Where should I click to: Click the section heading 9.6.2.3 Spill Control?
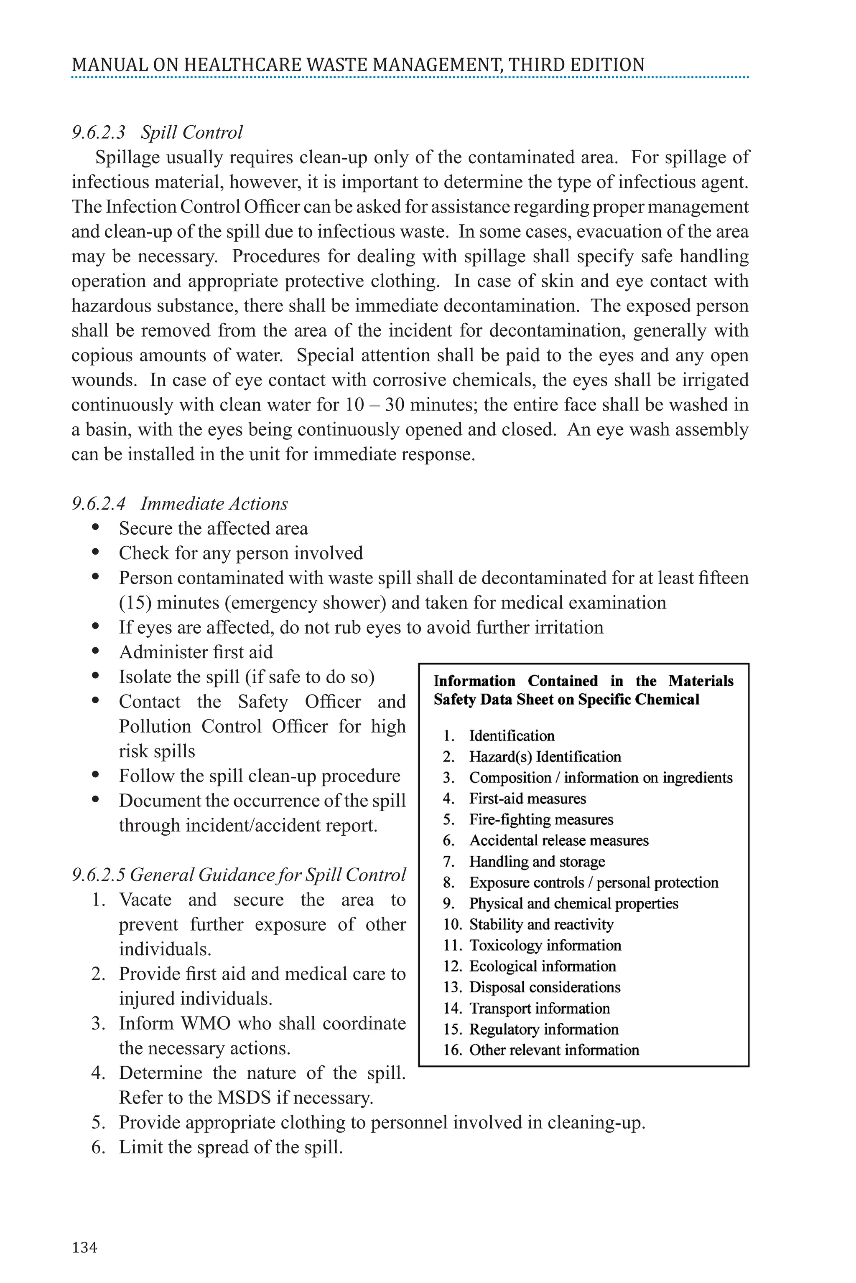[x=157, y=132]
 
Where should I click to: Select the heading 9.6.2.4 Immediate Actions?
[x=180, y=504]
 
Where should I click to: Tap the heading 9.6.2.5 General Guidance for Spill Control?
[x=239, y=875]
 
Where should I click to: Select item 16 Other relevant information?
[x=553, y=1050]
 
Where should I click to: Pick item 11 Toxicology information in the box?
[x=545, y=946]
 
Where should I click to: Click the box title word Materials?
[x=701, y=681]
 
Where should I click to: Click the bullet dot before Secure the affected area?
[x=96, y=527]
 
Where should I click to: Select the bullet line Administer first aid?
[x=196, y=652]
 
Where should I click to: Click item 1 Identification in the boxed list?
[x=512, y=736]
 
